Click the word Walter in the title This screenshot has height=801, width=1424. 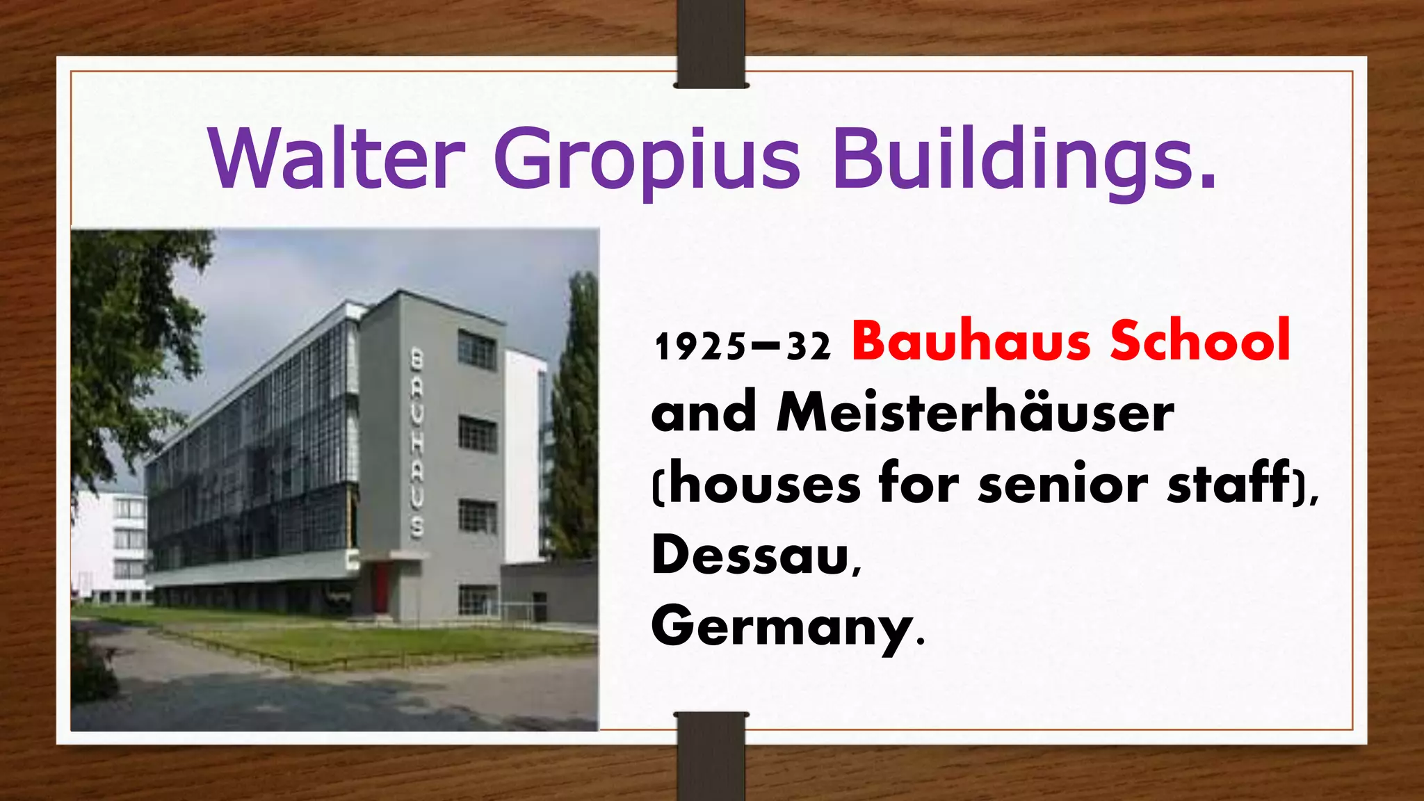point(336,159)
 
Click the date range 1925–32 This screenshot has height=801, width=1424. point(742,346)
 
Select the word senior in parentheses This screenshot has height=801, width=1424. point(1062,484)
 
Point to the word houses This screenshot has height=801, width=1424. point(765,484)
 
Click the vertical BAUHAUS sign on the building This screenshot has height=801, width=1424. point(416,444)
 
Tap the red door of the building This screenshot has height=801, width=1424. point(382,588)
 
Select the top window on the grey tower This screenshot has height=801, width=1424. point(478,349)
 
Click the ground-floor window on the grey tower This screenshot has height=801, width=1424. point(477,600)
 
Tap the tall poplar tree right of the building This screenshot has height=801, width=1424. point(574,417)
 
